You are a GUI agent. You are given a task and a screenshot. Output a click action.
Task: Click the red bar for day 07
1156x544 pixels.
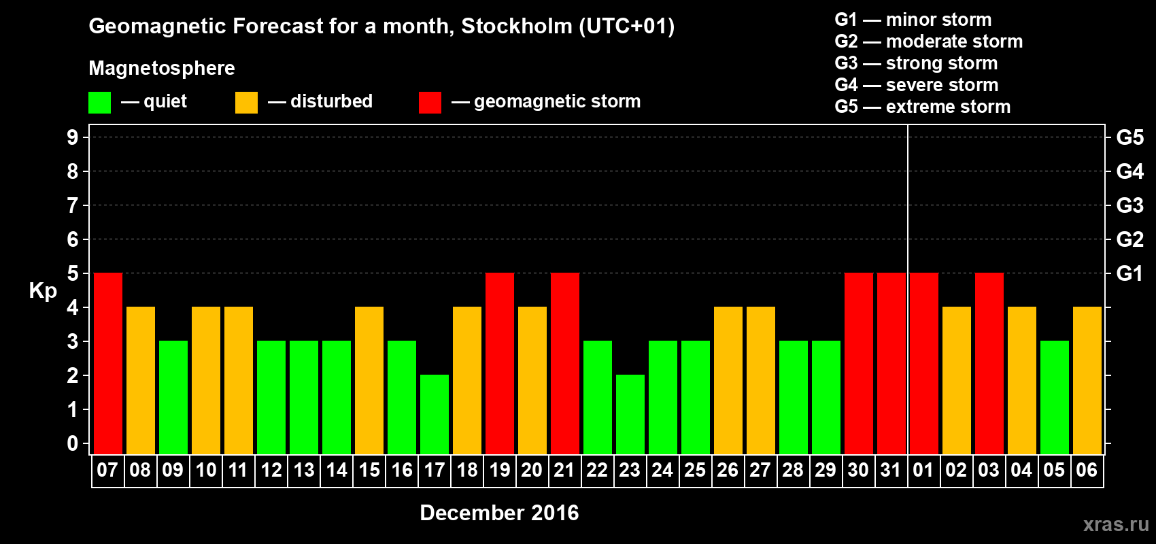click(x=108, y=363)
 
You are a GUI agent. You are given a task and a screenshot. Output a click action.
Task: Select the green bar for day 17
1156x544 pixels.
click(x=435, y=414)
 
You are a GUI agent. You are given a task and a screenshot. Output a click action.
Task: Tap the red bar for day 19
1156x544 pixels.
click(x=500, y=363)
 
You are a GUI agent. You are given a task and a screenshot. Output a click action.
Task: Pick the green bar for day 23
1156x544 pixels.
click(x=630, y=414)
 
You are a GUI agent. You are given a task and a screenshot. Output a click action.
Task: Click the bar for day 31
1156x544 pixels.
click(x=891, y=363)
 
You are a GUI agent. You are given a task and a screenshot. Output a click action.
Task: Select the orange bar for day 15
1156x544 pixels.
click(x=369, y=380)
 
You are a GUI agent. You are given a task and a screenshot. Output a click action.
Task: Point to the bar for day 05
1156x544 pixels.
click(x=1055, y=397)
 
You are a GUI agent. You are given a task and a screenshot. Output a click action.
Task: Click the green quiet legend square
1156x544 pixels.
click(x=99, y=103)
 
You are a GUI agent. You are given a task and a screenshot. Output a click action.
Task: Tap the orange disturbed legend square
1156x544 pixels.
click(x=246, y=103)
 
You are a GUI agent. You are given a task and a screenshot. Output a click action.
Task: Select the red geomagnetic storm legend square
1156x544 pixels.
click(x=430, y=103)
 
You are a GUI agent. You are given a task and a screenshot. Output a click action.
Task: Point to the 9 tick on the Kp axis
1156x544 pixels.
click(x=73, y=137)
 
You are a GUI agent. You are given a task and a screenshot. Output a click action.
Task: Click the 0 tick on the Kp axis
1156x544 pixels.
click(x=73, y=443)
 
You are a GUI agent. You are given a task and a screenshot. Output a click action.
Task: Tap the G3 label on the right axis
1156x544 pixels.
click(x=1129, y=205)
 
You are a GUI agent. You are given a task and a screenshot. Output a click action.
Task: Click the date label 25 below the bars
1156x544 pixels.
click(x=695, y=470)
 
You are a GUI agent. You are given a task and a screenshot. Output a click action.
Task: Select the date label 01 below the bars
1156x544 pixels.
click(x=923, y=470)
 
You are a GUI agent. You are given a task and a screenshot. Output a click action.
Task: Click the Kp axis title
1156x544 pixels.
click(x=43, y=290)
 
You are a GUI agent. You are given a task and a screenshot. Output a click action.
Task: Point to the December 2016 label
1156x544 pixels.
click(x=499, y=513)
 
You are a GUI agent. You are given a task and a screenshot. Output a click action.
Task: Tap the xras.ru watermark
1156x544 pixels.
click(x=1115, y=524)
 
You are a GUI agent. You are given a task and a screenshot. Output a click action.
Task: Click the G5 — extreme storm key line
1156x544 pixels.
click(x=922, y=107)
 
